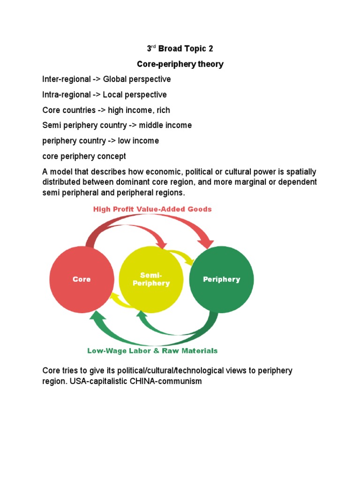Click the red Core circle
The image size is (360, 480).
pyautogui.click(x=82, y=279)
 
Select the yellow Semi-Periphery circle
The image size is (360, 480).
pyautogui.click(x=151, y=279)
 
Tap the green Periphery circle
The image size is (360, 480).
pyautogui.click(x=221, y=279)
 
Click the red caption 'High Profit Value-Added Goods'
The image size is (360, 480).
pyautogui.click(x=152, y=209)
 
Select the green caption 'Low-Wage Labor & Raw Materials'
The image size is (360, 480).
pyautogui.click(x=152, y=351)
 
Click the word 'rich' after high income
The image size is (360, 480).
pyautogui.click(x=164, y=110)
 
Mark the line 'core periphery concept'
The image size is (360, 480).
pyautogui.click(x=84, y=156)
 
